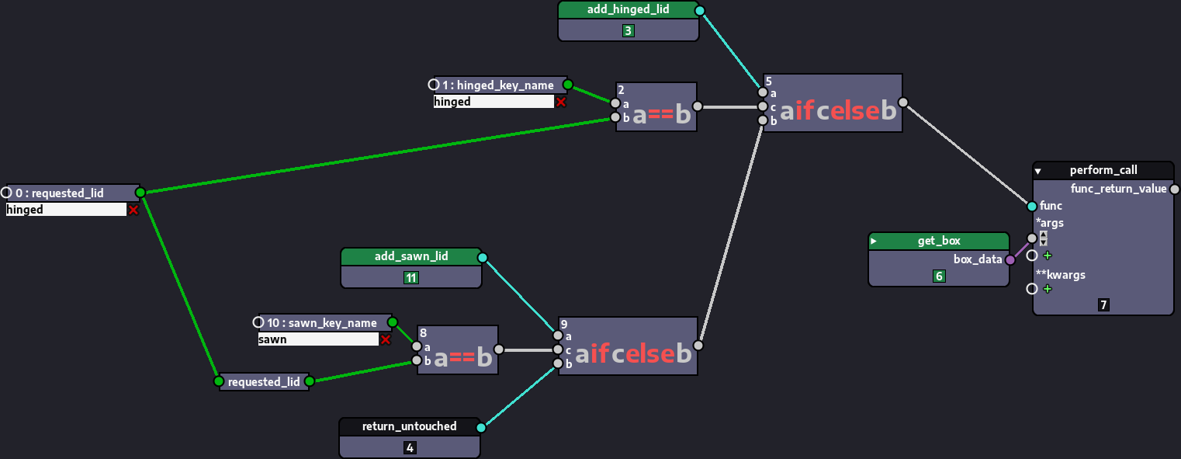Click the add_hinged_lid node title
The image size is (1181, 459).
click(x=628, y=10)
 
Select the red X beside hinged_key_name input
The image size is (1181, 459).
click(x=560, y=102)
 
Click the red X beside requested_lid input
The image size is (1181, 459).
click(x=133, y=210)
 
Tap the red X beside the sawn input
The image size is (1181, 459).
click(x=385, y=339)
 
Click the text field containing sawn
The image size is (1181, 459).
click(x=318, y=339)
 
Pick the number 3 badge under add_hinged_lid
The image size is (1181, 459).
click(x=629, y=31)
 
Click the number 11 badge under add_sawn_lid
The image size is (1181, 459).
click(x=411, y=278)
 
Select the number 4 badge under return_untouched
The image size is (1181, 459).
click(x=410, y=447)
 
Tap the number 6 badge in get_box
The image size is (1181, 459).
click(x=939, y=276)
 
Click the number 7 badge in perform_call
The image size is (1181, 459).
click(x=1103, y=305)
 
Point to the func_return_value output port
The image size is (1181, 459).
click(x=1174, y=189)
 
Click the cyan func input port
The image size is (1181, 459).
click(x=1031, y=206)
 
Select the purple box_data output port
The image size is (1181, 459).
click(x=1010, y=259)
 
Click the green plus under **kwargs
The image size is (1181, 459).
click(x=1048, y=289)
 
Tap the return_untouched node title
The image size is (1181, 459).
click(x=409, y=426)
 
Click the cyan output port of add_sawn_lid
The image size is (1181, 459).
click(x=482, y=257)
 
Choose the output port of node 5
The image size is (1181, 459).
click(x=902, y=102)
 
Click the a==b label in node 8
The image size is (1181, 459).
click(x=462, y=358)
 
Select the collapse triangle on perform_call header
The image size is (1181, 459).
click(x=1038, y=171)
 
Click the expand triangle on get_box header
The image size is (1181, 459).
click(x=874, y=241)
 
